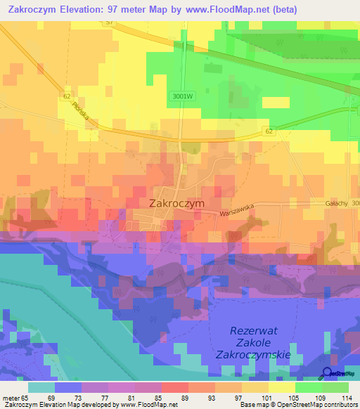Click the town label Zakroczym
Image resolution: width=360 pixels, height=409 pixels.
click(x=176, y=202)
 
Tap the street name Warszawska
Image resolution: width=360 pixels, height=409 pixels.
click(x=236, y=209)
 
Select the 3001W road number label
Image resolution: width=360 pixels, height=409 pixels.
click(x=181, y=97)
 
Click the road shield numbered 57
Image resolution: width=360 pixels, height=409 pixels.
click(x=108, y=23)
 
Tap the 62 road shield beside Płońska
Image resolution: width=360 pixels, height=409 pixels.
click(x=66, y=96)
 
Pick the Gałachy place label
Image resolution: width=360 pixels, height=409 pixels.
click(x=336, y=202)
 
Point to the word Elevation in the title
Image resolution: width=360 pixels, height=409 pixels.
click(x=88, y=10)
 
